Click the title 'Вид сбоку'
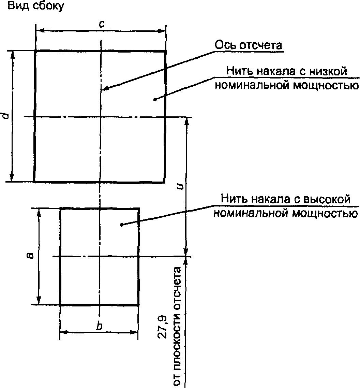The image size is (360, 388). (36, 6)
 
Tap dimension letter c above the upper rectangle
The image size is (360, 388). (102, 24)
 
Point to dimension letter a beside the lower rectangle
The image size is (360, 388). (30, 256)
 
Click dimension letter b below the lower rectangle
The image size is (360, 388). (100, 326)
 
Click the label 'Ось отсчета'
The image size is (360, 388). (248, 45)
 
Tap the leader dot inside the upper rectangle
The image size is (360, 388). (155, 100)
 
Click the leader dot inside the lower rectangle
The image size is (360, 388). (121, 225)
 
